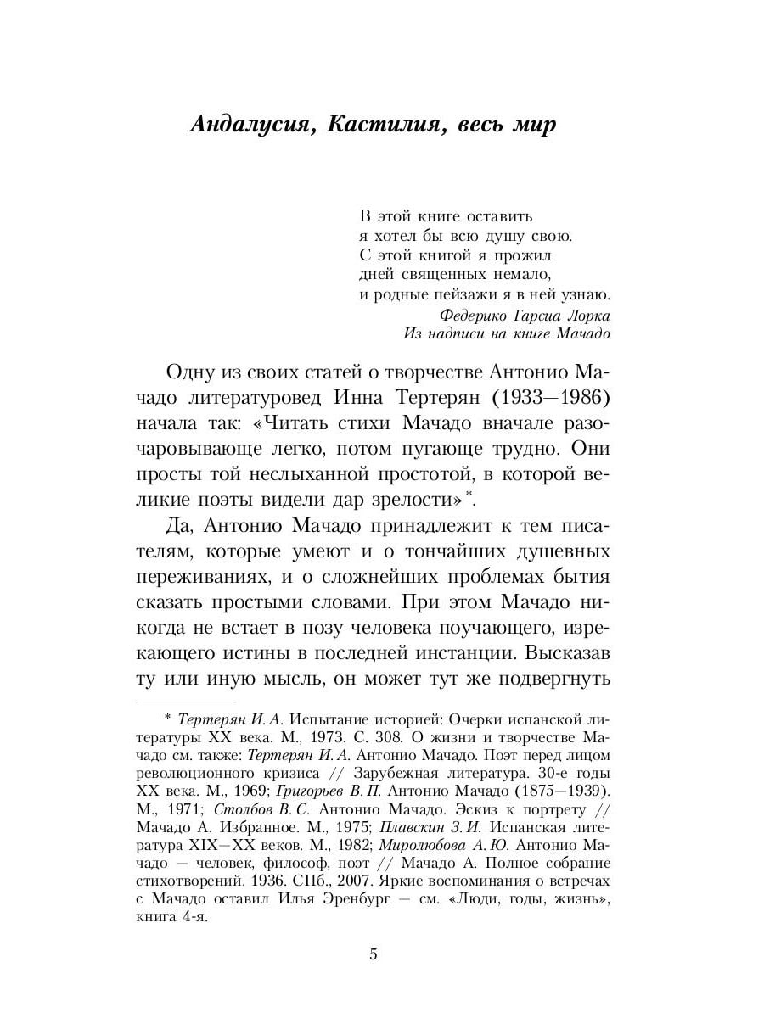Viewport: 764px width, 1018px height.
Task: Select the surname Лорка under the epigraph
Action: point(588,315)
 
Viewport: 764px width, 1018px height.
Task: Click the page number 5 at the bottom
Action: point(374,954)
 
